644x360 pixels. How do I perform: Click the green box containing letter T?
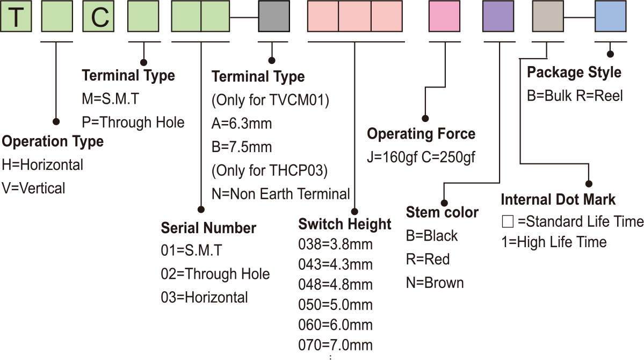[x=17, y=16]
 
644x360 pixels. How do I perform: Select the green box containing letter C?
[x=98, y=16]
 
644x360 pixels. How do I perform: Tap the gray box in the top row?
[x=274, y=16]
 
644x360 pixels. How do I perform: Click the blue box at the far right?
[x=611, y=16]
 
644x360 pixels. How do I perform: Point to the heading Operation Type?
[x=53, y=142]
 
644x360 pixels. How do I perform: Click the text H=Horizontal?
[x=42, y=165]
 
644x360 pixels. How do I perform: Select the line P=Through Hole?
[x=133, y=122]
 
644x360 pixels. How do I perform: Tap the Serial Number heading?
[x=208, y=228]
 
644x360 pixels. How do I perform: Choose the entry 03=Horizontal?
[x=204, y=297]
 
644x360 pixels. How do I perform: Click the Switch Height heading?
[x=345, y=224]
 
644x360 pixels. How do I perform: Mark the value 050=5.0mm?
[x=335, y=305]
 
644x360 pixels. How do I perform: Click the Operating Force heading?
[x=421, y=134]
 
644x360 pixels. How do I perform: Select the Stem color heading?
[x=442, y=212]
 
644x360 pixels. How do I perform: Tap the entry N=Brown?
[x=435, y=283]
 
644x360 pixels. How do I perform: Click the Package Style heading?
[x=574, y=72]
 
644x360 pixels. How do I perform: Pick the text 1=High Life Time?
[x=554, y=242]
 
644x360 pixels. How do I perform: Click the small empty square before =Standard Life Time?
[x=506, y=221]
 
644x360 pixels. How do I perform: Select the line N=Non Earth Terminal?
[x=280, y=193]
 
